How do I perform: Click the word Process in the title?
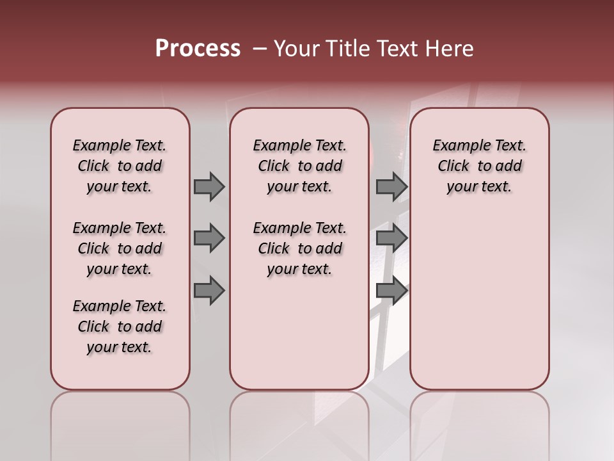tap(198, 49)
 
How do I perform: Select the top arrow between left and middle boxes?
tap(209, 186)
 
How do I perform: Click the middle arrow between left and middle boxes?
tap(209, 238)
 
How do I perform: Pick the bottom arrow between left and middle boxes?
tap(209, 290)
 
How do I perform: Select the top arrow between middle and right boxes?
tap(391, 186)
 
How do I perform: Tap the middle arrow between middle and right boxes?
tap(391, 238)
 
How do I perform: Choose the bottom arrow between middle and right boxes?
tap(391, 290)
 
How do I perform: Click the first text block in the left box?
tap(120, 166)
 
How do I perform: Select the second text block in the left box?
tap(120, 248)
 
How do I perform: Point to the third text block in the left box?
tap(120, 327)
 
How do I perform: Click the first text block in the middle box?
tap(299, 166)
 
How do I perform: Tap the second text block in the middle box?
tap(299, 248)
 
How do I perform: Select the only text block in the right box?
tap(479, 166)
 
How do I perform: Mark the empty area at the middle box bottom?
tap(299, 339)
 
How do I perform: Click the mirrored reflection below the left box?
tap(120, 423)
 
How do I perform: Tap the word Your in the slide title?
tap(295, 49)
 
